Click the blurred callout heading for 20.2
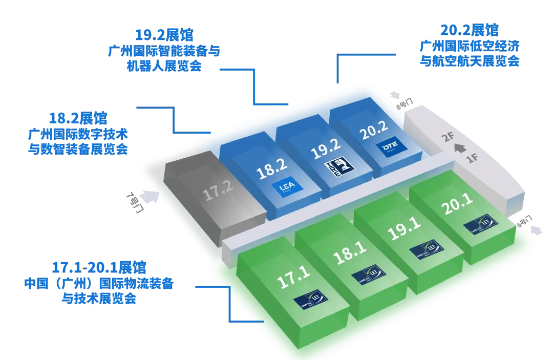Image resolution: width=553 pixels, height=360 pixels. click(470, 29)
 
